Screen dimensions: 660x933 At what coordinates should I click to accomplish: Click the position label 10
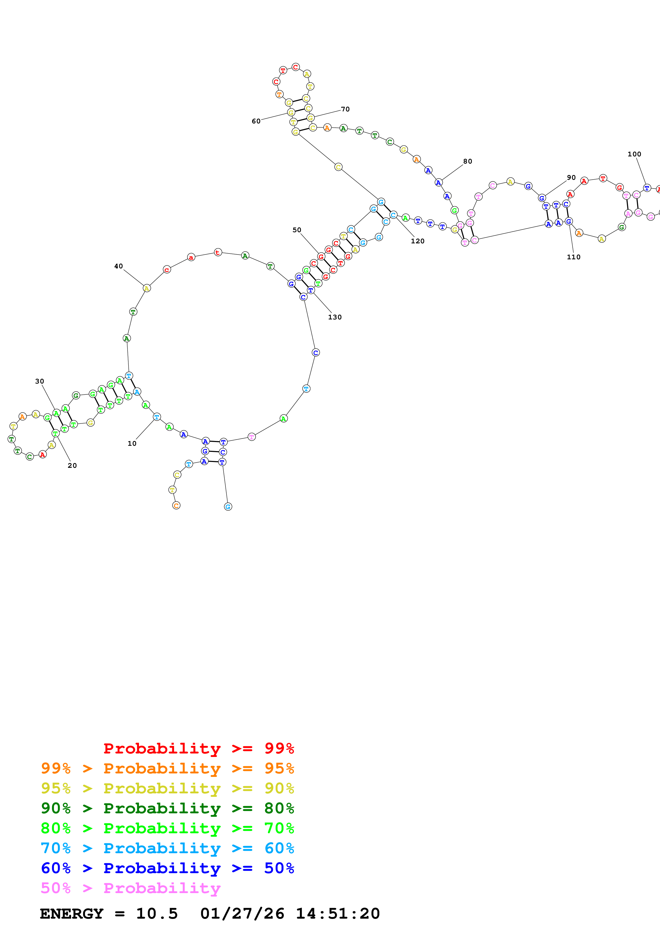pyautogui.click(x=132, y=443)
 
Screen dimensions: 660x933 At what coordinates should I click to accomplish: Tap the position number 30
pyautogui.click(x=39, y=381)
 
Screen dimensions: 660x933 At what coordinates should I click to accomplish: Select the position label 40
pyautogui.click(x=118, y=266)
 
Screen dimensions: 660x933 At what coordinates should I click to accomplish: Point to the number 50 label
pyautogui.click(x=297, y=230)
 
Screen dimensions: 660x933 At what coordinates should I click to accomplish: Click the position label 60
pyautogui.click(x=256, y=121)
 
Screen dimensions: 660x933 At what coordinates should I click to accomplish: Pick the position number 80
pyautogui.click(x=468, y=161)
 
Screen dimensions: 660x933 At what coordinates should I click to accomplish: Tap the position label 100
pyautogui.click(x=634, y=154)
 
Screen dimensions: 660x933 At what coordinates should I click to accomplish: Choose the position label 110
pyautogui.click(x=573, y=257)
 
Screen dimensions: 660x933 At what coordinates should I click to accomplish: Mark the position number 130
pyautogui.click(x=335, y=317)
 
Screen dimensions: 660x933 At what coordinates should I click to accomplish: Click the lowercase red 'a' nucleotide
pyautogui.click(x=191, y=257)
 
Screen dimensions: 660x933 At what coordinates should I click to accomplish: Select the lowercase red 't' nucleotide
pyautogui.click(x=218, y=252)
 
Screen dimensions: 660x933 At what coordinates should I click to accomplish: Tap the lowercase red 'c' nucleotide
pyautogui.click(x=167, y=269)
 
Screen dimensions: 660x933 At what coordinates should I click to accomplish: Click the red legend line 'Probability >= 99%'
pyautogui.click(x=198, y=748)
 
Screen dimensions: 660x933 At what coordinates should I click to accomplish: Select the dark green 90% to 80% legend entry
pyautogui.click(x=167, y=808)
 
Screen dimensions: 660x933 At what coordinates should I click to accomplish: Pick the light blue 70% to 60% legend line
pyautogui.click(x=167, y=848)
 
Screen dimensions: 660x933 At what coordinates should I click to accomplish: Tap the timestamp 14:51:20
pyautogui.click(x=338, y=914)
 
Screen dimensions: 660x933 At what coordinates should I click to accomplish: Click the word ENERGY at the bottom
pyautogui.click(x=72, y=914)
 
